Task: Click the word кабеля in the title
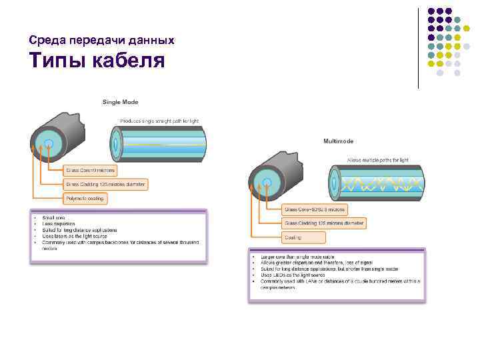point(126,62)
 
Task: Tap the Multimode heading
point(338,141)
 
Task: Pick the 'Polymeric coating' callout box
point(85,198)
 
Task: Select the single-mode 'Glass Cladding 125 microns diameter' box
point(105,184)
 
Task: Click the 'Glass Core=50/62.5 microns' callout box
point(315,209)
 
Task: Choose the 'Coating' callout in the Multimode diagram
point(304,237)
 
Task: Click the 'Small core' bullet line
point(53,218)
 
